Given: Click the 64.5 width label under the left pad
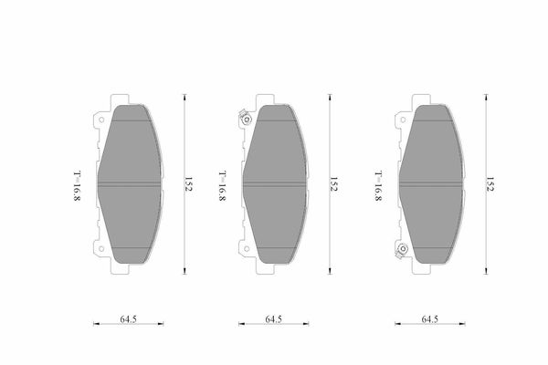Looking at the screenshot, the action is tap(128, 319).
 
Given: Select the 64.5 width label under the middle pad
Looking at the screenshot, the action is tap(274, 319).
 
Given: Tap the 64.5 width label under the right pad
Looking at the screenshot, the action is tap(430, 319).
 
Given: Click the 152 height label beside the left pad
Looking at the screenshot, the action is tap(189, 184).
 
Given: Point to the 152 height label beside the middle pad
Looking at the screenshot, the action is tap(333, 184).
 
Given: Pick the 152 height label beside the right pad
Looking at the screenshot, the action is tap(490, 184).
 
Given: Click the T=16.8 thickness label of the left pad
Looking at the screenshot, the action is tap(77, 186).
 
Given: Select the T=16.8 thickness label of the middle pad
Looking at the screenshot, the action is tap(222, 186).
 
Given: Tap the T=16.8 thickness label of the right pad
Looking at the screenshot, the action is tap(378, 186).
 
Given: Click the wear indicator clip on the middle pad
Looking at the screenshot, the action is tap(245, 118).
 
